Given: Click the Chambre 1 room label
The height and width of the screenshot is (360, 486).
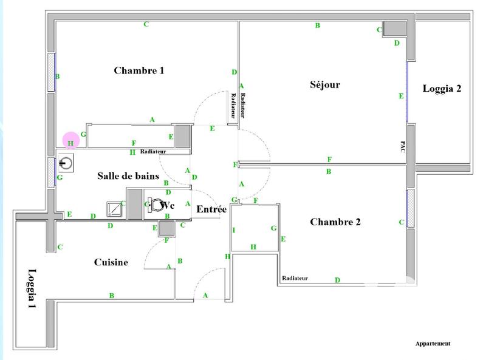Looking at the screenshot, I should click(x=139, y=70).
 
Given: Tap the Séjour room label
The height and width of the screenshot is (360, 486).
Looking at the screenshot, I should click(x=325, y=85).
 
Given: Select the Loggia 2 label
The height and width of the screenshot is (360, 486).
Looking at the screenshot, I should click(x=442, y=89).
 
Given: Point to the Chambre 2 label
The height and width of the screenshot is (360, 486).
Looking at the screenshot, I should click(x=335, y=222).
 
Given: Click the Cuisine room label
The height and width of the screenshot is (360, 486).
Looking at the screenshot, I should click(x=111, y=262).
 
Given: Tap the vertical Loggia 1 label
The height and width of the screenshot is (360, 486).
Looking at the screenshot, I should click(x=32, y=290).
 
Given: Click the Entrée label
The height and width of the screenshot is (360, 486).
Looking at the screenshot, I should click(x=211, y=209).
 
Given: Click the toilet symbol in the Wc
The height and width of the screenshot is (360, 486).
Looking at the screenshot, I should click(x=156, y=205).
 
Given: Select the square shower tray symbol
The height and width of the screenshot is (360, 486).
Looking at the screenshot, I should click(x=114, y=208).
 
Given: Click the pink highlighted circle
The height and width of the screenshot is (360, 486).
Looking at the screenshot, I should click(x=71, y=140).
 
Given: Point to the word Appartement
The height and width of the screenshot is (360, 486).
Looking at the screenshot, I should click(x=433, y=344).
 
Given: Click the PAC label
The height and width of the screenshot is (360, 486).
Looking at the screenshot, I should click(x=403, y=148).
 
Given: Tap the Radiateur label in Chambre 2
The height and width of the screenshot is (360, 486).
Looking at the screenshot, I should click(x=295, y=278).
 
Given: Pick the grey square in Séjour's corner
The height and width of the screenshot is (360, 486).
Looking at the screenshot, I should click(x=394, y=29).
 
